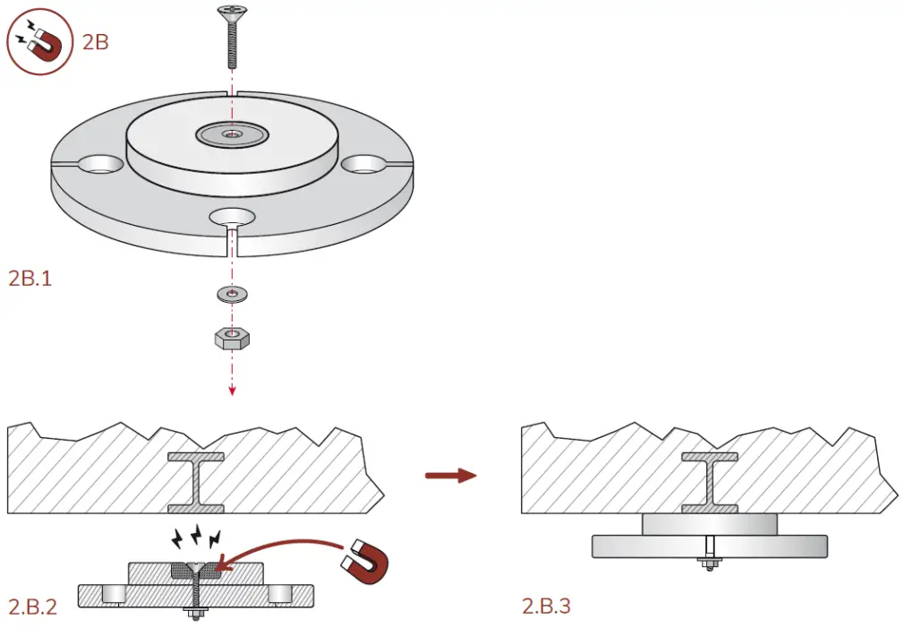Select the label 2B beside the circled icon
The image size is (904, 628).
(x=95, y=41)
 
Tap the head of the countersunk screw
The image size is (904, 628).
(x=232, y=13)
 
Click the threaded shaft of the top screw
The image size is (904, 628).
(x=232, y=46)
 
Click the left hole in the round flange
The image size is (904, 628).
(x=101, y=165)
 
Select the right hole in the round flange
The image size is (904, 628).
(x=362, y=164)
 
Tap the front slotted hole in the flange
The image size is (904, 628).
(x=232, y=216)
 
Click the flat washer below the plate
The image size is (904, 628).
(x=232, y=293)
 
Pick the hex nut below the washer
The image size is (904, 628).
(x=232, y=338)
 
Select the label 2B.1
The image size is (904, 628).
(x=30, y=278)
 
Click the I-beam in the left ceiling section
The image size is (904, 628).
(x=195, y=483)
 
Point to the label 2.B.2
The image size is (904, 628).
(x=33, y=606)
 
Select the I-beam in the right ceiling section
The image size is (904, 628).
(x=709, y=483)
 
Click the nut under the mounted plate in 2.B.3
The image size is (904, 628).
(x=709, y=564)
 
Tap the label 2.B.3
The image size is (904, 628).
(x=546, y=606)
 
